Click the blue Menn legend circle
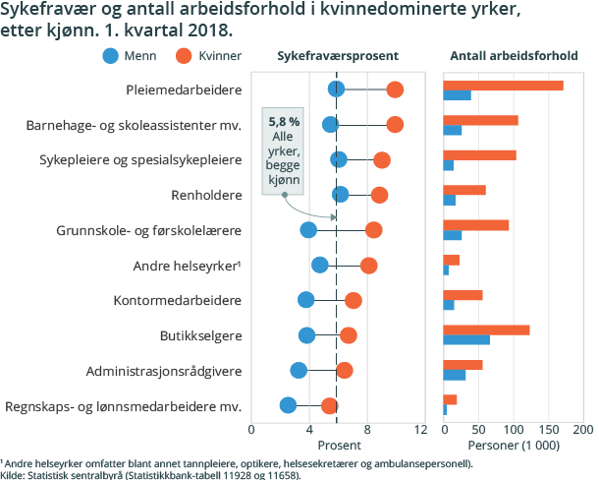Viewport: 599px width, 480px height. [x=113, y=56]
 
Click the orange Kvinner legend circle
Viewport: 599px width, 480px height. [x=184, y=56]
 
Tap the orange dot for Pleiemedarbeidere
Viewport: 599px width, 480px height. [x=395, y=90]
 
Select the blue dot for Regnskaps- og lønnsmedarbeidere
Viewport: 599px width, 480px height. [x=288, y=405]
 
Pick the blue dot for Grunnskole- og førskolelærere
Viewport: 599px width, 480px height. [x=308, y=230]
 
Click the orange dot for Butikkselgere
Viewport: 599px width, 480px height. [x=348, y=335]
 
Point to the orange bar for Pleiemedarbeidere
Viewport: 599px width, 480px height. [x=503, y=86]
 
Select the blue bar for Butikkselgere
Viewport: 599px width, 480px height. [x=466, y=340]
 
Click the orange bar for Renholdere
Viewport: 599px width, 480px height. [x=464, y=190]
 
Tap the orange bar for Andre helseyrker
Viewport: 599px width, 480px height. [x=452, y=260]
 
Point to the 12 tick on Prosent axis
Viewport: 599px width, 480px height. [x=422, y=430]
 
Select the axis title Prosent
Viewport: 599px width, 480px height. [x=336, y=446]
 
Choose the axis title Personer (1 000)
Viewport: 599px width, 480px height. [x=514, y=446]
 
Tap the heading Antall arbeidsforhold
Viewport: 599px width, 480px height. [x=513, y=56]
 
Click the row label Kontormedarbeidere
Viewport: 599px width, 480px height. [x=178, y=300]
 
